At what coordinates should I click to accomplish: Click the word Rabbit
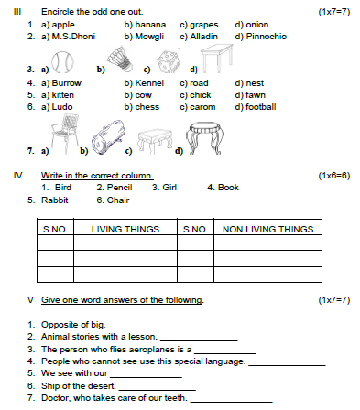click(57, 199)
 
